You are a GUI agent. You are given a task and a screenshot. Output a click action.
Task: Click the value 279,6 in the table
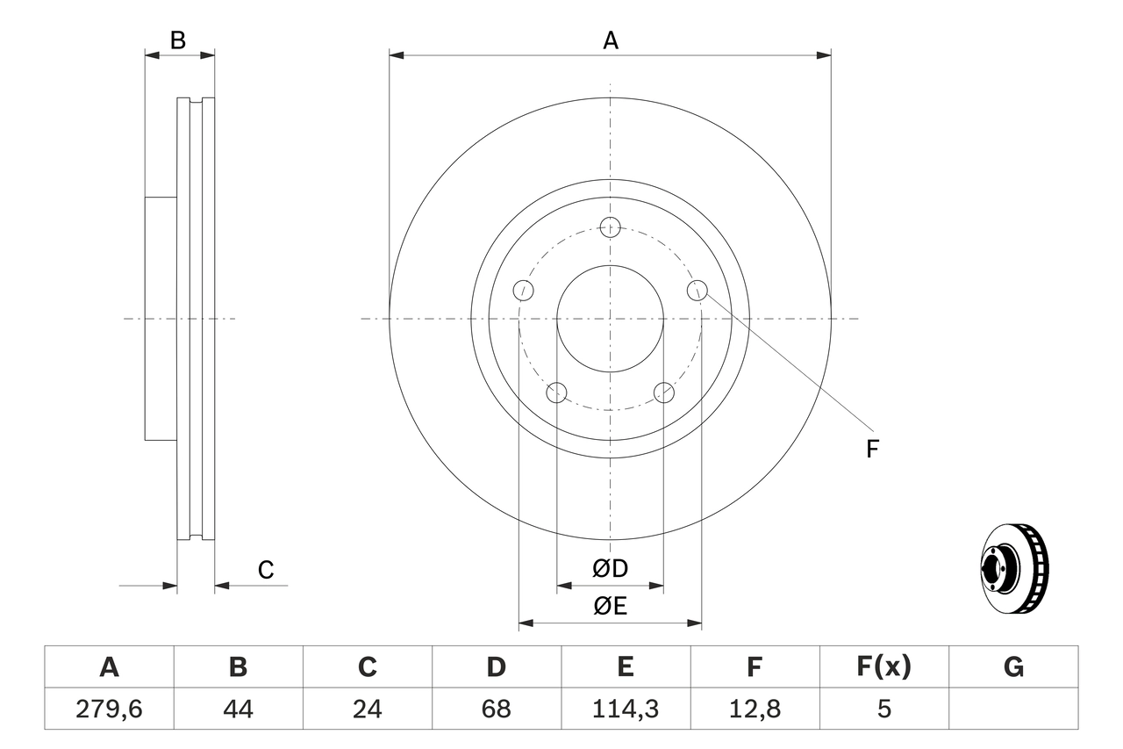[109, 709]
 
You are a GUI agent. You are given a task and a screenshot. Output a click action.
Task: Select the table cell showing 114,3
[625, 709]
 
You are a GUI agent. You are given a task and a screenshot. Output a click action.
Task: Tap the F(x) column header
[883, 667]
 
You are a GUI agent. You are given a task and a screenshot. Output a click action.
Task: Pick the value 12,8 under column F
[755, 709]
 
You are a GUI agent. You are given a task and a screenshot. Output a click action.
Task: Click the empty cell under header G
[1013, 709]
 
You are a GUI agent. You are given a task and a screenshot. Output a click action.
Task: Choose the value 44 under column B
[238, 709]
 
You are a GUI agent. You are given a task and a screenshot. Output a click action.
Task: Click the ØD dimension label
[610, 569]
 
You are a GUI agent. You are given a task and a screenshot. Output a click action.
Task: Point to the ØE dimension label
[610, 607]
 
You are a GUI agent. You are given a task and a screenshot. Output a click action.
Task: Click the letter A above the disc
[611, 40]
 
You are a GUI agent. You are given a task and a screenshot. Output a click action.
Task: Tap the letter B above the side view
[178, 40]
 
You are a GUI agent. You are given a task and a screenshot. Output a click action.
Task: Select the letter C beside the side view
[266, 571]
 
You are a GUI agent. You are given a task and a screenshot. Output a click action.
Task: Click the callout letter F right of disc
[872, 450]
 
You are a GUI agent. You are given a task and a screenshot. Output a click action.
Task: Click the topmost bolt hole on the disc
[611, 227]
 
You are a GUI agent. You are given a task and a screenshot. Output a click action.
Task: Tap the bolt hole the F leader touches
[697, 290]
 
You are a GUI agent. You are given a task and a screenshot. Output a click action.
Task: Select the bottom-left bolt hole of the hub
[557, 392]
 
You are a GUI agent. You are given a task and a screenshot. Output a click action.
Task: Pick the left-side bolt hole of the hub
[524, 290]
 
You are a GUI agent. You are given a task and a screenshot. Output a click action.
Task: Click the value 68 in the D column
[496, 709]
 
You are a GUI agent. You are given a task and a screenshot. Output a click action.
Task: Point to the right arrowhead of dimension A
[824, 55]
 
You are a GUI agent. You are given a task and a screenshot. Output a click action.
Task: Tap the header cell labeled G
[1013, 667]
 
